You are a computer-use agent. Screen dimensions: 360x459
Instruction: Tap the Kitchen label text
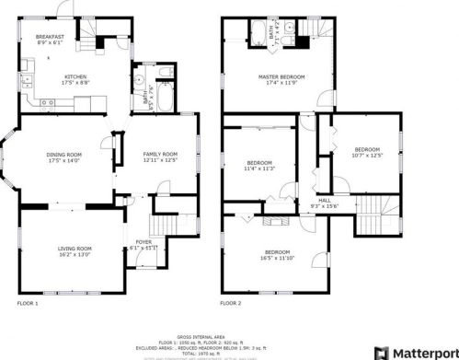[x=76, y=78]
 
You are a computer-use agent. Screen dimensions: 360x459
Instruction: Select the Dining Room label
[x=64, y=156]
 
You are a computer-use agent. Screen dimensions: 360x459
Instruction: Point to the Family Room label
[x=158, y=156]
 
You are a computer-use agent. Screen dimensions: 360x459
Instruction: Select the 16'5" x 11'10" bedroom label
[x=278, y=254]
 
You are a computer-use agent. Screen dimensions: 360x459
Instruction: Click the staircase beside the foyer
[x=166, y=226]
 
